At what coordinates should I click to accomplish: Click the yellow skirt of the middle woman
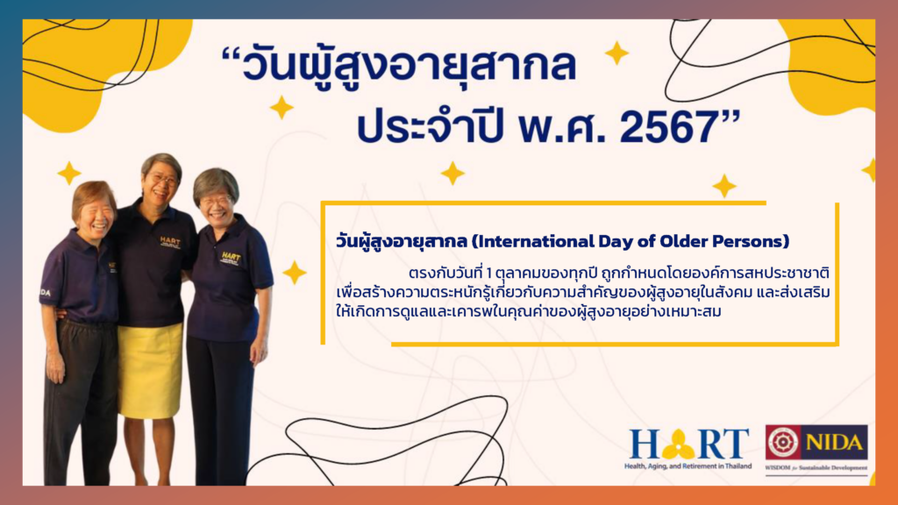click(x=151, y=370)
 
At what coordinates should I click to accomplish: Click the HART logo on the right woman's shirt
click(x=231, y=258)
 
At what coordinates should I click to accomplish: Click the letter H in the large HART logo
click(x=645, y=444)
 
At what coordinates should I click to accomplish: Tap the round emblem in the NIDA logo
click(x=783, y=442)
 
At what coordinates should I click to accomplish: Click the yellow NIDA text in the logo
click(x=834, y=443)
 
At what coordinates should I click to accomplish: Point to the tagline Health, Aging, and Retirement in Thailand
click(x=688, y=466)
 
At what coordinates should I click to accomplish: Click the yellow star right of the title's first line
click(x=616, y=53)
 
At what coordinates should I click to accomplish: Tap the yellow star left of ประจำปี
click(x=282, y=108)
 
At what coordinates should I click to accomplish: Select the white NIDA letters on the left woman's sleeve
click(x=45, y=293)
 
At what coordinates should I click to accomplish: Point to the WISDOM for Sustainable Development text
click(x=816, y=468)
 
